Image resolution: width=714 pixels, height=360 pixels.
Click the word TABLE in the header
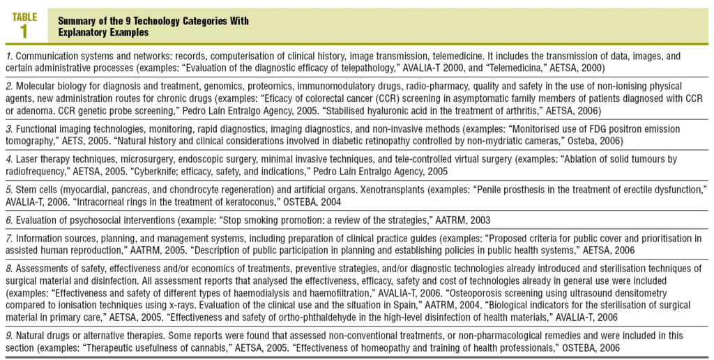pos(24,17)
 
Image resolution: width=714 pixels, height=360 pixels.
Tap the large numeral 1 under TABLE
pos(24,31)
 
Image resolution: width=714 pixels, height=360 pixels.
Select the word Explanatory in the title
pos(79,32)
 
